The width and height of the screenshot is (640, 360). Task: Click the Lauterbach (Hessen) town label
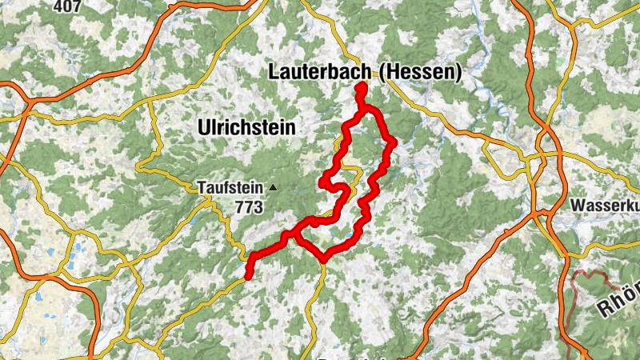click(x=364, y=73)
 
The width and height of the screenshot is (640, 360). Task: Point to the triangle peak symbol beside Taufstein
click(x=273, y=188)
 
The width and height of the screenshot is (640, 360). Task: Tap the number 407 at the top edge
click(x=69, y=6)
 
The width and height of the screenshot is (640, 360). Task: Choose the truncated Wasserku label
click(x=605, y=206)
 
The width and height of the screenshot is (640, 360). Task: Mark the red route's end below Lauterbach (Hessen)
click(x=360, y=87)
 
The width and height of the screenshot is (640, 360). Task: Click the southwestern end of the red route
click(x=248, y=275)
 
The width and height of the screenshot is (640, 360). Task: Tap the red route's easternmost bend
click(x=393, y=142)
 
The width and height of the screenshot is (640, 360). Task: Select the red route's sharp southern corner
click(x=323, y=258)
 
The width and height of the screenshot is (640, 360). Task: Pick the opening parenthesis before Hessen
click(x=383, y=74)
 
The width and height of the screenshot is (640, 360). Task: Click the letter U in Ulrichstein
click(x=202, y=127)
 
